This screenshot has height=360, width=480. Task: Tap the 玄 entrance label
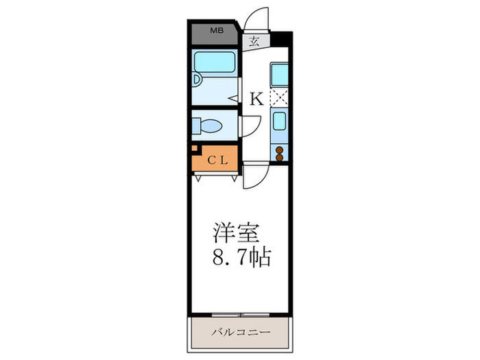[x=254, y=41]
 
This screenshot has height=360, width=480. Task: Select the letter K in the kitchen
[x=256, y=99]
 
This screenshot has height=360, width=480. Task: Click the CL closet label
[x=218, y=161]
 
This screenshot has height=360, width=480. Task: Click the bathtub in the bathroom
[x=215, y=64]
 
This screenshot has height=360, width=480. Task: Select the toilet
[x=210, y=126]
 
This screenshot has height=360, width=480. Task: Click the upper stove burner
[x=280, y=149]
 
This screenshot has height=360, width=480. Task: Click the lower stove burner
[x=280, y=158]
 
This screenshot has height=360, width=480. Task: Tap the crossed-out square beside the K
[x=280, y=98]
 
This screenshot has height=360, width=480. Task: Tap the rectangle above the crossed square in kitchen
[x=280, y=74]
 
